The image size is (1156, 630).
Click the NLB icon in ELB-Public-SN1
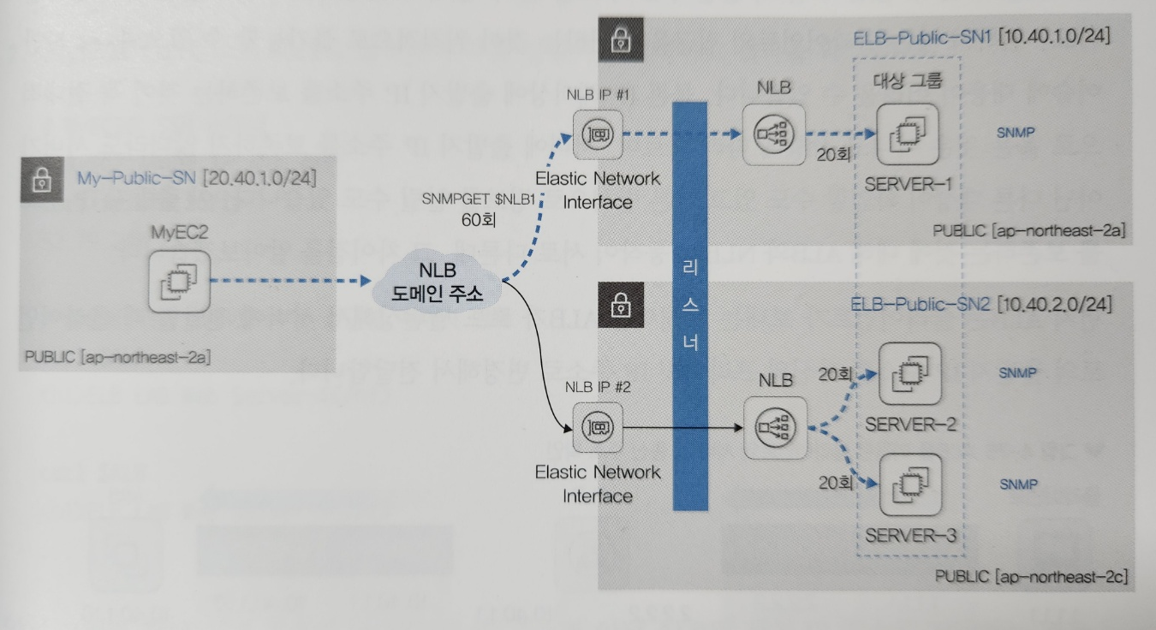point(774,135)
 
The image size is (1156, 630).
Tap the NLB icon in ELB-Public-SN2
point(774,425)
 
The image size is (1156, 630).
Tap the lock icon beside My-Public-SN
point(40,181)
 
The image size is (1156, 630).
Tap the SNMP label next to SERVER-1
point(1017,134)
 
